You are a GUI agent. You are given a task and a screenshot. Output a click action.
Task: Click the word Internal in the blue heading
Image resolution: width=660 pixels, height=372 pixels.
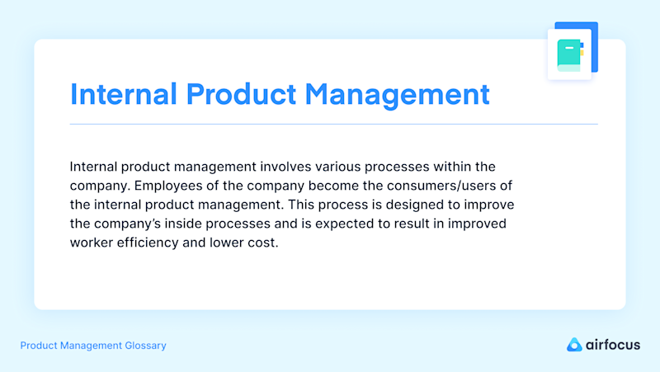click(123, 94)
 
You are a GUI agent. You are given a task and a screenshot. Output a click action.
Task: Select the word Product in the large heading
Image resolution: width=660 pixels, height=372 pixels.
click(241, 94)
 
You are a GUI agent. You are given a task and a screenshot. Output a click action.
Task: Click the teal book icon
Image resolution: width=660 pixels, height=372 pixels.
click(570, 55)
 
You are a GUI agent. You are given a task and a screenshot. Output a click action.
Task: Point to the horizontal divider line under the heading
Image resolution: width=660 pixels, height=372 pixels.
click(334, 125)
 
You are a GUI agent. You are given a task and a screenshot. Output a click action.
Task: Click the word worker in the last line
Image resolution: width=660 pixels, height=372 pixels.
click(92, 243)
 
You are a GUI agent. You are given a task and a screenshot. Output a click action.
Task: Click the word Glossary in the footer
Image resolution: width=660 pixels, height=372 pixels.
click(145, 346)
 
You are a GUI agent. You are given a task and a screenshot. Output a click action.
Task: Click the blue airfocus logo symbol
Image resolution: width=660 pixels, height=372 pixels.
click(574, 345)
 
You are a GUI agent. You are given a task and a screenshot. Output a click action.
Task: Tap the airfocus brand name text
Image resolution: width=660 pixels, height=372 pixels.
click(613, 345)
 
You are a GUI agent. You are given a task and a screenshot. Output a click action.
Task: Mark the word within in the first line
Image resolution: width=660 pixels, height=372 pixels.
click(452, 167)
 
